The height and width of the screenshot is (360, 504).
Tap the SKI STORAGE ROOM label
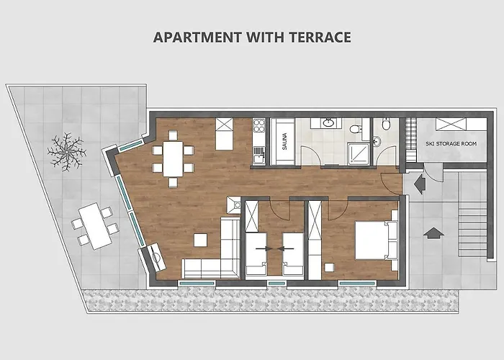pos(450,144)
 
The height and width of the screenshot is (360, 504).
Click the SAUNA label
pos(284,137)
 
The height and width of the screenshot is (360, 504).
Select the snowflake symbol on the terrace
pos(66,152)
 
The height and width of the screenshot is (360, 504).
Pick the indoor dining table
pos(173,158)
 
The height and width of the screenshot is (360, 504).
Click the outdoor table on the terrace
pos(93,225)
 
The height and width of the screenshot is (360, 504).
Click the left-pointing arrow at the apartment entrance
pos(418,184)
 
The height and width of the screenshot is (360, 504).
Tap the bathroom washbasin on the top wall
pos(328,123)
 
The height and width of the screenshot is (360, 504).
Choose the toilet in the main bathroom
pos(355,129)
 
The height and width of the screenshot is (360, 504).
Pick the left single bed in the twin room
pos(256,254)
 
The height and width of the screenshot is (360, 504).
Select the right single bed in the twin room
pos(292,254)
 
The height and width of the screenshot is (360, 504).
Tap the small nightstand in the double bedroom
pos(328,268)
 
